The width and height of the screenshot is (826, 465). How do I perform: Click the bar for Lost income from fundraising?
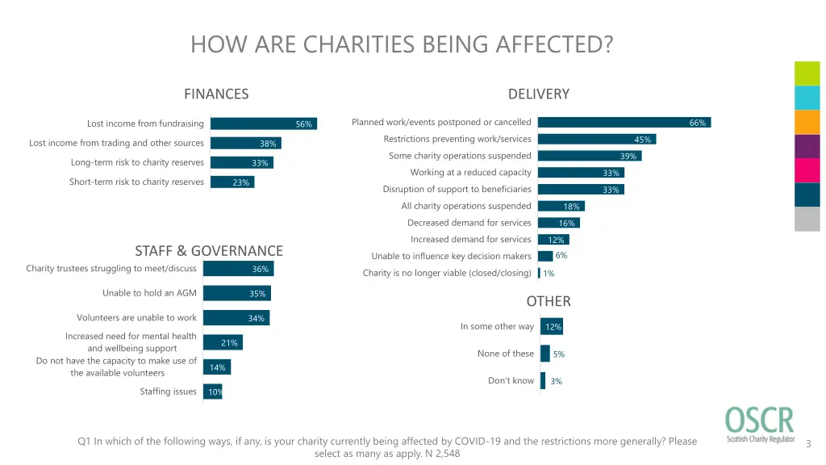click(x=263, y=124)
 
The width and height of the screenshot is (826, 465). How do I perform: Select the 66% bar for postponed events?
click(x=624, y=122)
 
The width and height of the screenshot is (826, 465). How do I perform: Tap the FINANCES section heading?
click(x=216, y=94)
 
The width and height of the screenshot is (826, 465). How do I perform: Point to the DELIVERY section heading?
click(x=539, y=94)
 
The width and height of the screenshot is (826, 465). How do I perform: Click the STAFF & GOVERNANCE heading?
click(x=209, y=250)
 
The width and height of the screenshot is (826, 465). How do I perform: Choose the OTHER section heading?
click(x=549, y=301)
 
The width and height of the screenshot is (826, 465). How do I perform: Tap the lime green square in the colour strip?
click(x=807, y=73)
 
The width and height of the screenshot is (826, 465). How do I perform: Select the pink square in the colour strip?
click(x=807, y=170)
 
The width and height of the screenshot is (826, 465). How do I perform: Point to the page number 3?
click(x=808, y=443)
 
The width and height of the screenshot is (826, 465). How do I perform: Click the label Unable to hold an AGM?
click(x=149, y=293)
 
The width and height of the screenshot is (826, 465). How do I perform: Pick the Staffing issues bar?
click(x=212, y=392)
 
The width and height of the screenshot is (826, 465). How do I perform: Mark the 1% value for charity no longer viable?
click(x=549, y=274)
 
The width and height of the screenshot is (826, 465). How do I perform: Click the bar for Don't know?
click(x=543, y=380)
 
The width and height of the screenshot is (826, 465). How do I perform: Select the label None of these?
click(x=506, y=354)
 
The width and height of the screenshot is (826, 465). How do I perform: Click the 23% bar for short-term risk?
click(x=232, y=182)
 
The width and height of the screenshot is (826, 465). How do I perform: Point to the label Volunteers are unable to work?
click(x=136, y=317)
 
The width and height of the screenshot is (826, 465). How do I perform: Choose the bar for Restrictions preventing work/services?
click(x=596, y=139)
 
